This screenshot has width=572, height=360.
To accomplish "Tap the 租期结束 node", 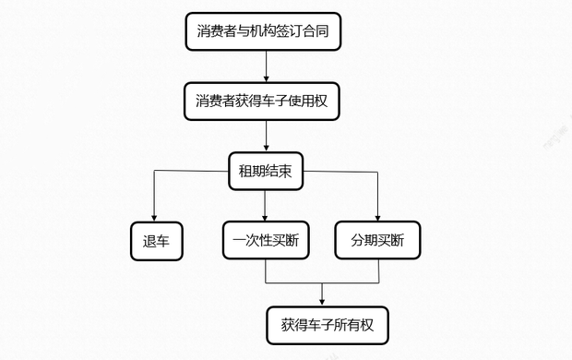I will pos(266,171).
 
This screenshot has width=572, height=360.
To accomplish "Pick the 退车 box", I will pos(155,241).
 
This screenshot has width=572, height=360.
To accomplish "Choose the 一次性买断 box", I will pos(266,241).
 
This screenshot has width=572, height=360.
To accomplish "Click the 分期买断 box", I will pos(377,241).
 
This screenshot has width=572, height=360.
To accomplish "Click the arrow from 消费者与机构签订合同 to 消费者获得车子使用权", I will pos(266,66).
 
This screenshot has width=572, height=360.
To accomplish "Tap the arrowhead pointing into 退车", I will pos(154,217).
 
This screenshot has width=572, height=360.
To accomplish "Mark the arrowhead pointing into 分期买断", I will pos(378,217).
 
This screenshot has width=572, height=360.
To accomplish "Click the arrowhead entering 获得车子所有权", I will pos(322,301).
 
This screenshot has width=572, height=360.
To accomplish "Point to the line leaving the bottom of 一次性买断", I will pos(266,270).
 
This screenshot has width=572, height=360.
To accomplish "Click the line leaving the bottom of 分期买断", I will pos(378,270).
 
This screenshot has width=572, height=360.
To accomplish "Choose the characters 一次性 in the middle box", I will pos(254,241).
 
